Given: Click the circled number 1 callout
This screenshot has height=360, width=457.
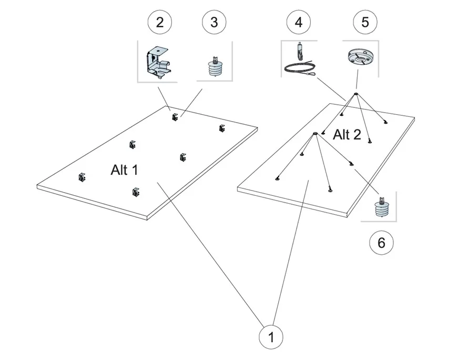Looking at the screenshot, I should [x=271, y=337].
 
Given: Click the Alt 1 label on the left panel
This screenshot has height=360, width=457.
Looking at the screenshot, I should [x=125, y=169].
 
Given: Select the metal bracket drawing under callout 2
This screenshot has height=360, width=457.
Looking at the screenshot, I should [x=157, y=61].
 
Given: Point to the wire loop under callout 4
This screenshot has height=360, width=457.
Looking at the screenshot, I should [x=300, y=68].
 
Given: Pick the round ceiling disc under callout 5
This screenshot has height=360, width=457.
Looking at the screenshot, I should [x=361, y=56].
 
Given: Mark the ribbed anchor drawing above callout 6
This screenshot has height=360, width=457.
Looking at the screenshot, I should [x=380, y=207].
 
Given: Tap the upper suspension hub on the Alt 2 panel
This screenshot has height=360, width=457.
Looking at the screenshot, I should [x=356, y=95].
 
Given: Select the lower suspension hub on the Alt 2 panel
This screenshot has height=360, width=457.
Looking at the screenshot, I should [x=314, y=134].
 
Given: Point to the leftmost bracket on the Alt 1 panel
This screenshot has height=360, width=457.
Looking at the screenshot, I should [x=82, y=177].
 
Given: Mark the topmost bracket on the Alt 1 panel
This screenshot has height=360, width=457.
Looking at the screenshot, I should [x=175, y=116].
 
